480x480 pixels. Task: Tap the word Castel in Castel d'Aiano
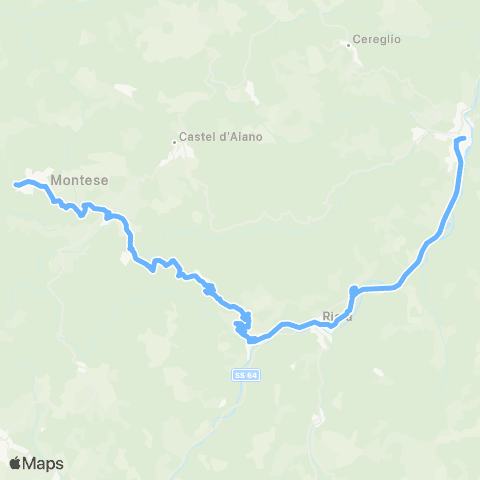pyautogui.click(x=195, y=137)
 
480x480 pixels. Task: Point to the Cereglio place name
pyautogui.click(x=377, y=40)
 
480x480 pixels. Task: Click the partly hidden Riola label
pyautogui.click(x=332, y=317)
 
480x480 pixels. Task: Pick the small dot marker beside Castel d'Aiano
pyautogui.click(x=173, y=142)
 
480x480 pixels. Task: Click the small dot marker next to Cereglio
pyautogui.click(x=348, y=44)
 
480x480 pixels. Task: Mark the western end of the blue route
pyautogui.click(x=15, y=184)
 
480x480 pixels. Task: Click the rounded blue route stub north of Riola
pyautogui.click(x=353, y=291)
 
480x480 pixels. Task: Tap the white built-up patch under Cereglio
pyautogui.click(x=353, y=56)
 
